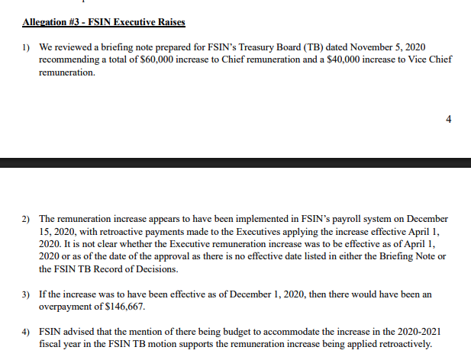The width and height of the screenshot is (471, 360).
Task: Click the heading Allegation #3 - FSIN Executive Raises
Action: (x=104, y=22)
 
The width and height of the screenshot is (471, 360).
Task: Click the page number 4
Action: (x=449, y=118)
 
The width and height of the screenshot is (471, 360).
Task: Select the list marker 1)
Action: (x=25, y=47)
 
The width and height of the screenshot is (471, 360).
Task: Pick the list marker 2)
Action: (x=25, y=218)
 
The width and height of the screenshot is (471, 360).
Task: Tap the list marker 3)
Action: (x=25, y=294)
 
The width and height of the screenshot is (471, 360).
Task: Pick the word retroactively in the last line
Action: (x=402, y=343)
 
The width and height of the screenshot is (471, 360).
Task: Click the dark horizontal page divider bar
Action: (x=235, y=162)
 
